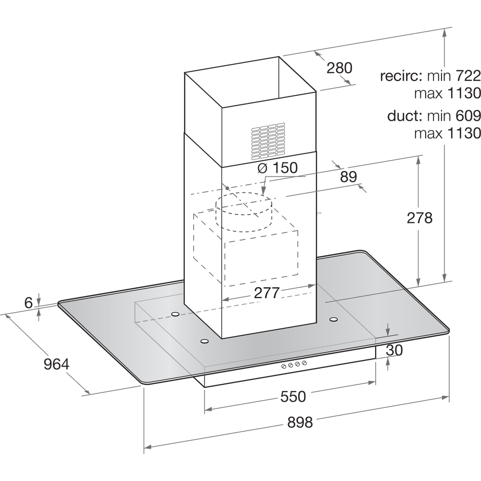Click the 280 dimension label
tap(340, 68)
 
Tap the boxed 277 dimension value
tap(266, 293)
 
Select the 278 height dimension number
tap(419, 217)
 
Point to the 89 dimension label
tap(349, 177)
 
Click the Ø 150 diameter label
tap(278, 168)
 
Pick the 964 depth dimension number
tap(57, 364)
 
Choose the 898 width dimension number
tap(300, 423)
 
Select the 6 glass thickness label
tap(29, 303)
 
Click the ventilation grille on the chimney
tap(267, 136)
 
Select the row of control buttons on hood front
tap(294, 365)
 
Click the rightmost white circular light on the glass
tap(333, 319)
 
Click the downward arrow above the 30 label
tap(388, 331)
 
